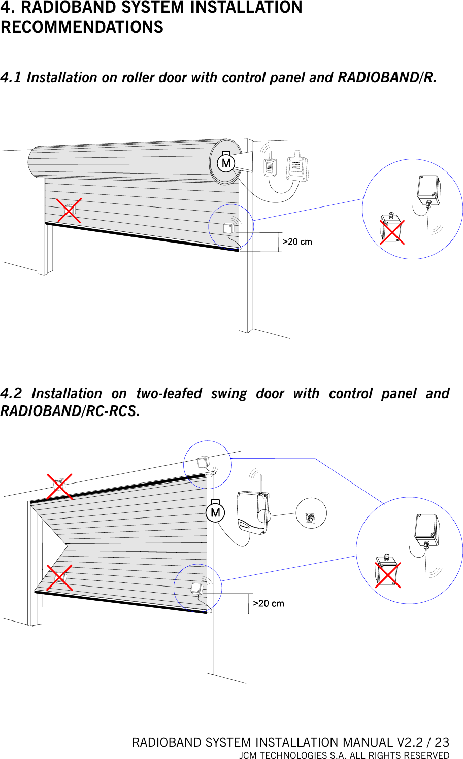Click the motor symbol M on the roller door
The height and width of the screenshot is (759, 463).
226,163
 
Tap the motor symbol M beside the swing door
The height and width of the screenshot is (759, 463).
215,512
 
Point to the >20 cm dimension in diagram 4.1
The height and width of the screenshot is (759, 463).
297,242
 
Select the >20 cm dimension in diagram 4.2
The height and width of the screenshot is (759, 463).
269,604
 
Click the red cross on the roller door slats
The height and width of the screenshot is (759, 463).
69,211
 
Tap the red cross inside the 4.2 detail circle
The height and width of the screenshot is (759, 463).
388,575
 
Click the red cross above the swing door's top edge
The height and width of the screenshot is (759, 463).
59,487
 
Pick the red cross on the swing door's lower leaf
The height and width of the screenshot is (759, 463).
59,578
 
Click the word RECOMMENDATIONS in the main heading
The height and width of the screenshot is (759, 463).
82,27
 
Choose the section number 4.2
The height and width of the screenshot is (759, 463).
11,394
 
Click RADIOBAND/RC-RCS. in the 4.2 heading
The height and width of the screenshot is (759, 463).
70,411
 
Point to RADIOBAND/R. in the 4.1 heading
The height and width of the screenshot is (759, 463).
387,78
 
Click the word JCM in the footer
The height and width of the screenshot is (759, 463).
248,755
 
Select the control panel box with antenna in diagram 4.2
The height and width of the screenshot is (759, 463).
252,512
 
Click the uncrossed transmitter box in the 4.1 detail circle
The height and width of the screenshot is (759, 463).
428,188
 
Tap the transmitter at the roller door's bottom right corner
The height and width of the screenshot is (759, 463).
228,228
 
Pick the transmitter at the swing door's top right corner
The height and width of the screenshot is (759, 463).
203,462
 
